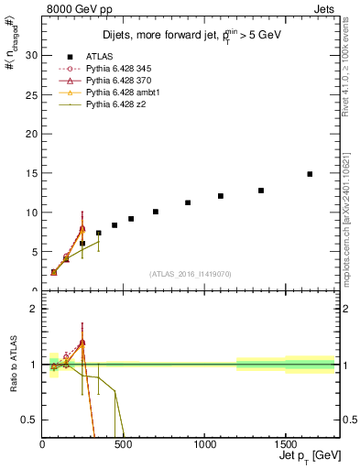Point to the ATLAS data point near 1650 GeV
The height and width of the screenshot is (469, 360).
310,174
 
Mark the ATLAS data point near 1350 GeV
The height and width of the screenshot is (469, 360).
261,191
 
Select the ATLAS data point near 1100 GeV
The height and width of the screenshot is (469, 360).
221,196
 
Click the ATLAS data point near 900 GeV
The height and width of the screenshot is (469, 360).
188,203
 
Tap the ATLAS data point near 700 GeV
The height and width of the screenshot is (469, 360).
156,212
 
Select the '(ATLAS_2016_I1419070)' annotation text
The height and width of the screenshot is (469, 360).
191,273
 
